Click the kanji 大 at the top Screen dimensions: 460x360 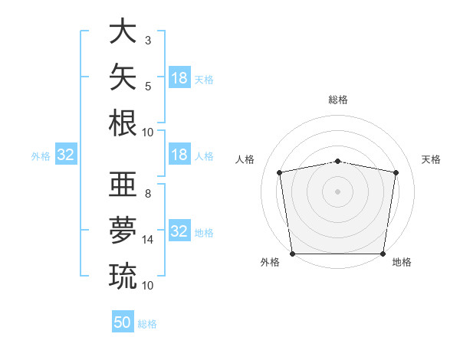(123, 31)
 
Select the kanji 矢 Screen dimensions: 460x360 (123, 77)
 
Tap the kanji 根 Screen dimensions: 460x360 (123, 123)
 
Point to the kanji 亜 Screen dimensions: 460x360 (123, 184)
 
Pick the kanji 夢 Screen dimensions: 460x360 (123, 230)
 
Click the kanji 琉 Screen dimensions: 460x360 (123, 277)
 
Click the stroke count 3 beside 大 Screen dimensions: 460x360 (148, 41)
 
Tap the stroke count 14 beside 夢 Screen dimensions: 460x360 (147, 240)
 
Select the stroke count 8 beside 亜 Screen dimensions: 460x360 (148, 194)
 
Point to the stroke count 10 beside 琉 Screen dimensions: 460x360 (147, 286)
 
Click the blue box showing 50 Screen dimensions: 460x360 (123, 321)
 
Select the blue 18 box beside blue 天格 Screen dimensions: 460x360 (180, 77)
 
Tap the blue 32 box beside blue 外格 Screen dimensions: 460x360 (66, 154)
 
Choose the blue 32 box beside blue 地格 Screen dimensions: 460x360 (180, 230)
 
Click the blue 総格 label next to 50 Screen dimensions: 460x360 (147, 324)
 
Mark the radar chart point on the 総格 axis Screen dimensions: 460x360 (337, 162)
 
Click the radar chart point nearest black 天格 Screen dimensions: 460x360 (396, 172)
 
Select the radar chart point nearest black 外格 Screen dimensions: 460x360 (293, 254)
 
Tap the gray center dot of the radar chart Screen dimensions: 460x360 (337, 191)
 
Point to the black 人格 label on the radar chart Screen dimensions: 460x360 (245, 159)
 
